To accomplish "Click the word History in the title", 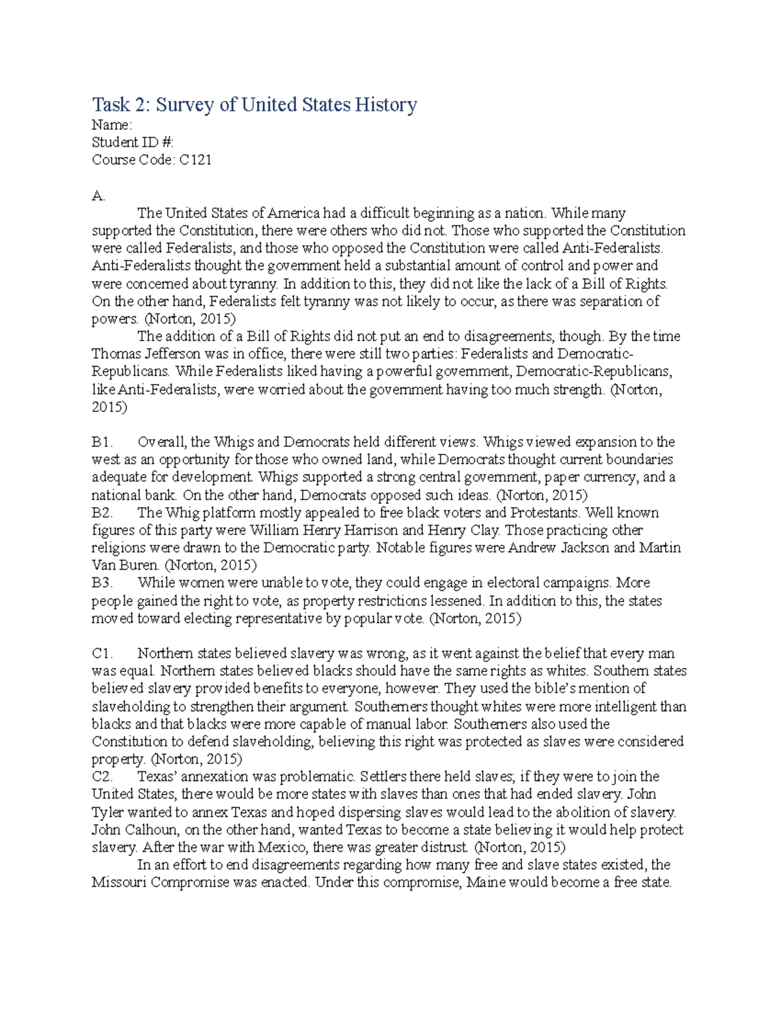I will click(385, 105).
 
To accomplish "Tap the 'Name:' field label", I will click(112, 125).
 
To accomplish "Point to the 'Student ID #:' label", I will click(133, 143).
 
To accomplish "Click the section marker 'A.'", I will click(98, 195).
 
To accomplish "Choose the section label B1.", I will click(102, 442).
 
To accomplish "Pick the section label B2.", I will click(102, 512).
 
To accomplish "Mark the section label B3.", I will click(102, 583).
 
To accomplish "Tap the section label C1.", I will click(102, 653).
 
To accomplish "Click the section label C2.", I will click(102, 777).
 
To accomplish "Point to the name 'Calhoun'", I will click(150, 830).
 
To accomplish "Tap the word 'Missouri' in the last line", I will click(122, 883).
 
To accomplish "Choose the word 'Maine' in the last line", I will click(486, 883).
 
